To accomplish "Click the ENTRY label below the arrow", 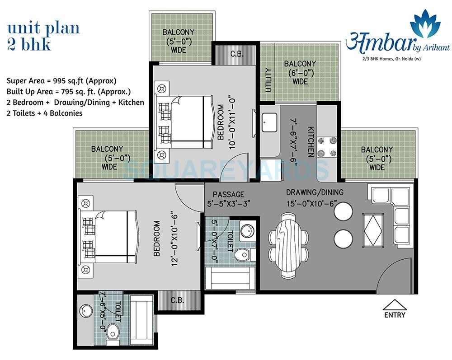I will (x=395, y=315).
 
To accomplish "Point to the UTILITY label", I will (x=268, y=80).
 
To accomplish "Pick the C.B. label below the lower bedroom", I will (x=177, y=300).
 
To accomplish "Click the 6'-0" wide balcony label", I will (x=300, y=73).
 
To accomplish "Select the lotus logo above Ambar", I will (x=426, y=25).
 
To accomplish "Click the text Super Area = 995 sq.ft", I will (x=61, y=81).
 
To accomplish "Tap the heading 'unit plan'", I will (x=43, y=28).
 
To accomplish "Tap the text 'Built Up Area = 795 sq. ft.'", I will (x=69, y=92).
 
